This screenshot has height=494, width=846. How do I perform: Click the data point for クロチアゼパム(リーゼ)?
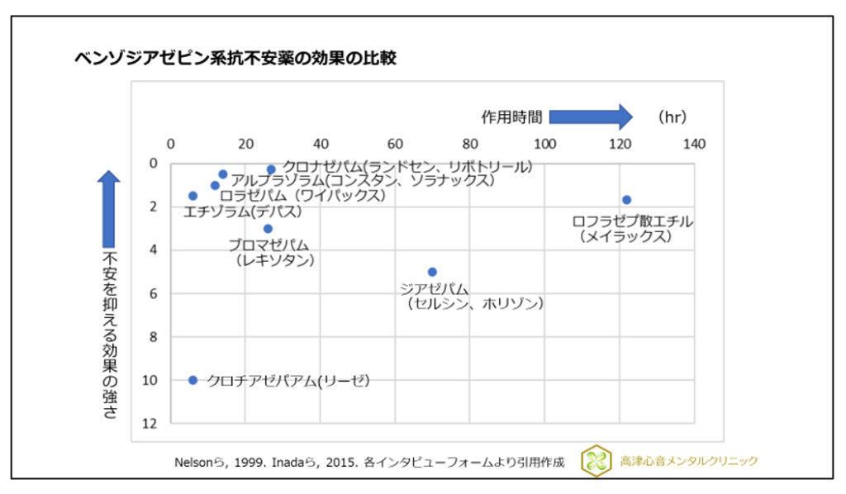point(193,380)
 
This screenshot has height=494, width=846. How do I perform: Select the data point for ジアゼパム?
point(432,272)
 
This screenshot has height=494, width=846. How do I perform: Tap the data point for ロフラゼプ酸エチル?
point(627,200)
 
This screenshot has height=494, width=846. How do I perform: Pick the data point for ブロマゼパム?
point(268,229)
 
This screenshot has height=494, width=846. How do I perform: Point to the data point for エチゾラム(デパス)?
point(193,196)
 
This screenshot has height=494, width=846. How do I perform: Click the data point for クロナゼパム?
point(271,169)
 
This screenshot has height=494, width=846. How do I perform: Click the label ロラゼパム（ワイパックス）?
point(302,196)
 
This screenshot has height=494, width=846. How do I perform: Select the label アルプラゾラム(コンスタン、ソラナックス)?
point(362,180)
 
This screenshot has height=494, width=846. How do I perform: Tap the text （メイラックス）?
point(625,237)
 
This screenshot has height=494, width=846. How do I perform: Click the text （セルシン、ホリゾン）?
point(474,304)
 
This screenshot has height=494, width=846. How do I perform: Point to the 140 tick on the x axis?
point(695,144)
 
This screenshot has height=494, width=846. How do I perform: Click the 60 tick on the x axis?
point(396,144)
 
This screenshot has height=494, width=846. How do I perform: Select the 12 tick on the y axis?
point(150,423)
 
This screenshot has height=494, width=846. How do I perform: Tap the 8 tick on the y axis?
point(150,336)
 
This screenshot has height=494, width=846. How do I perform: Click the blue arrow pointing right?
point(591,117)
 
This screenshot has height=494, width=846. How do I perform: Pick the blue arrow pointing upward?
point(109,207)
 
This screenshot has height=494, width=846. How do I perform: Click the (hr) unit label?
point(673,117)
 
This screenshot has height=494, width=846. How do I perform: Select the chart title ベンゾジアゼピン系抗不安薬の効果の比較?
point(235,59)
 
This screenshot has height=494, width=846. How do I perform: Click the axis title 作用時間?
point(512,117)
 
